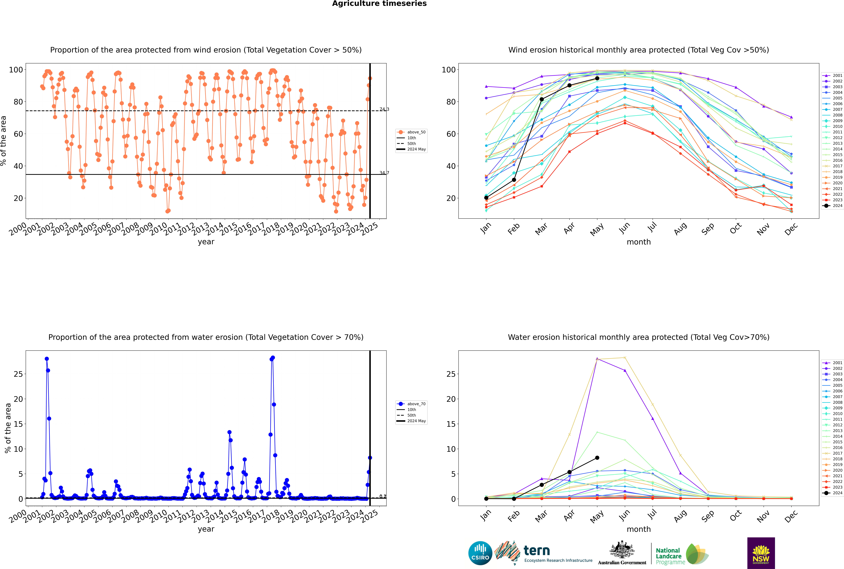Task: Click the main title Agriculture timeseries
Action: tap(379, 4)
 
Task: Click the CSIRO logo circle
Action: tap(480, 553)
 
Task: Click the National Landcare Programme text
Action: tap(668, 556)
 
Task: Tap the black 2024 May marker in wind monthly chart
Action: tap(597, 78)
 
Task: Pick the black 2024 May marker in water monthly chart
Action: tap(597, 458)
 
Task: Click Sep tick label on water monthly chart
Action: tap(708, 516)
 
